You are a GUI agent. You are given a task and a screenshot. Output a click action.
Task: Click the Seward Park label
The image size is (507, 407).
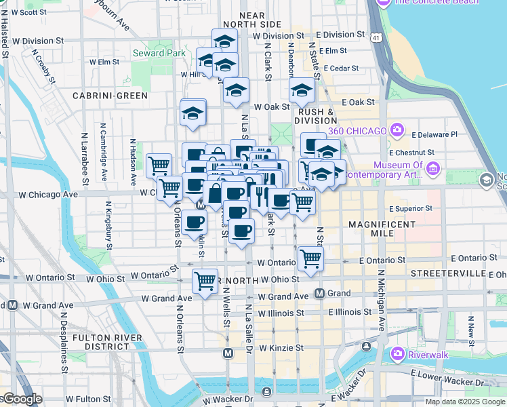pyautogui.click(x=158, y=53)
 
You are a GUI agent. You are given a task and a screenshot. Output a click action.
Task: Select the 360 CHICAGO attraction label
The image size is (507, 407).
pyautogui.click(x=357, y=130)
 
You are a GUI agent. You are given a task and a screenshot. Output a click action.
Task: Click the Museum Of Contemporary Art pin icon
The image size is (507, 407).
pyautogui.click(x=434, y=167)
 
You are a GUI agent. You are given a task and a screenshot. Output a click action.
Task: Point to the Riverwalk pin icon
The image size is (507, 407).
pyautogui.click(x=399, y=354)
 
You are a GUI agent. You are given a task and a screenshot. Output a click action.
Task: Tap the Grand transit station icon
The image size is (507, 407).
pyautogui.click(x=321, y=294)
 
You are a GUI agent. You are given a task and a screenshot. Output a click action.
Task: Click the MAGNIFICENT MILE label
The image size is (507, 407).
pyautogui.click(x=382, y=229)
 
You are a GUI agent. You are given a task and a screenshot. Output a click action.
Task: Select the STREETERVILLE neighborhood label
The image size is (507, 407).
pyautogui.click(x=447, y=273)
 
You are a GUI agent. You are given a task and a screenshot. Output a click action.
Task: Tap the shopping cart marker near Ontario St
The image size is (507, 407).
pyautogui.click(x=310, y=258)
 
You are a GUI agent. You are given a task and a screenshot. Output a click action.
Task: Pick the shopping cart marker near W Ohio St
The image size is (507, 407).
pyautogui.click(x=205, y=280)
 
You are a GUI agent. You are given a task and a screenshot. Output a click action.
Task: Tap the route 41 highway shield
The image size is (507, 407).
pyautogui.click(x=376, y=39)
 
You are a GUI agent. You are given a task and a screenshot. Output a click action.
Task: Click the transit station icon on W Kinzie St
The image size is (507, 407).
pyautogui.click(x=228, y=353)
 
